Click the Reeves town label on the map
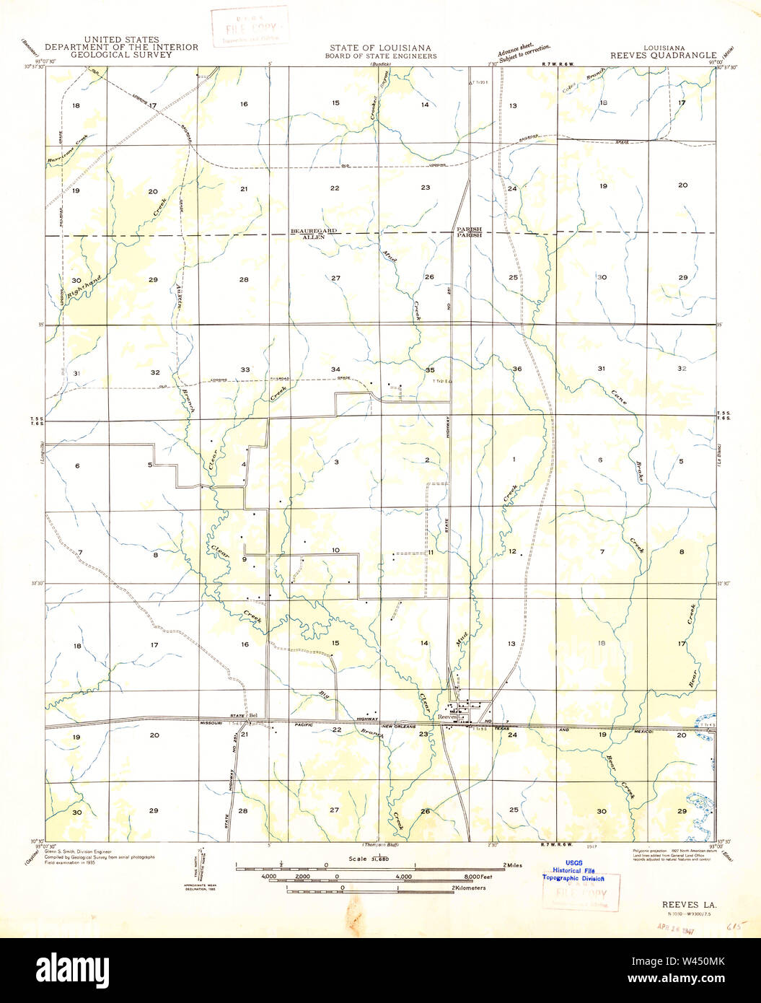pyautogui.click(x=448, y=717)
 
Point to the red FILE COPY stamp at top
pyautogui.click(x=249, y=26)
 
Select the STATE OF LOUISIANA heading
pyautogui.click(x=380, y=48)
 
